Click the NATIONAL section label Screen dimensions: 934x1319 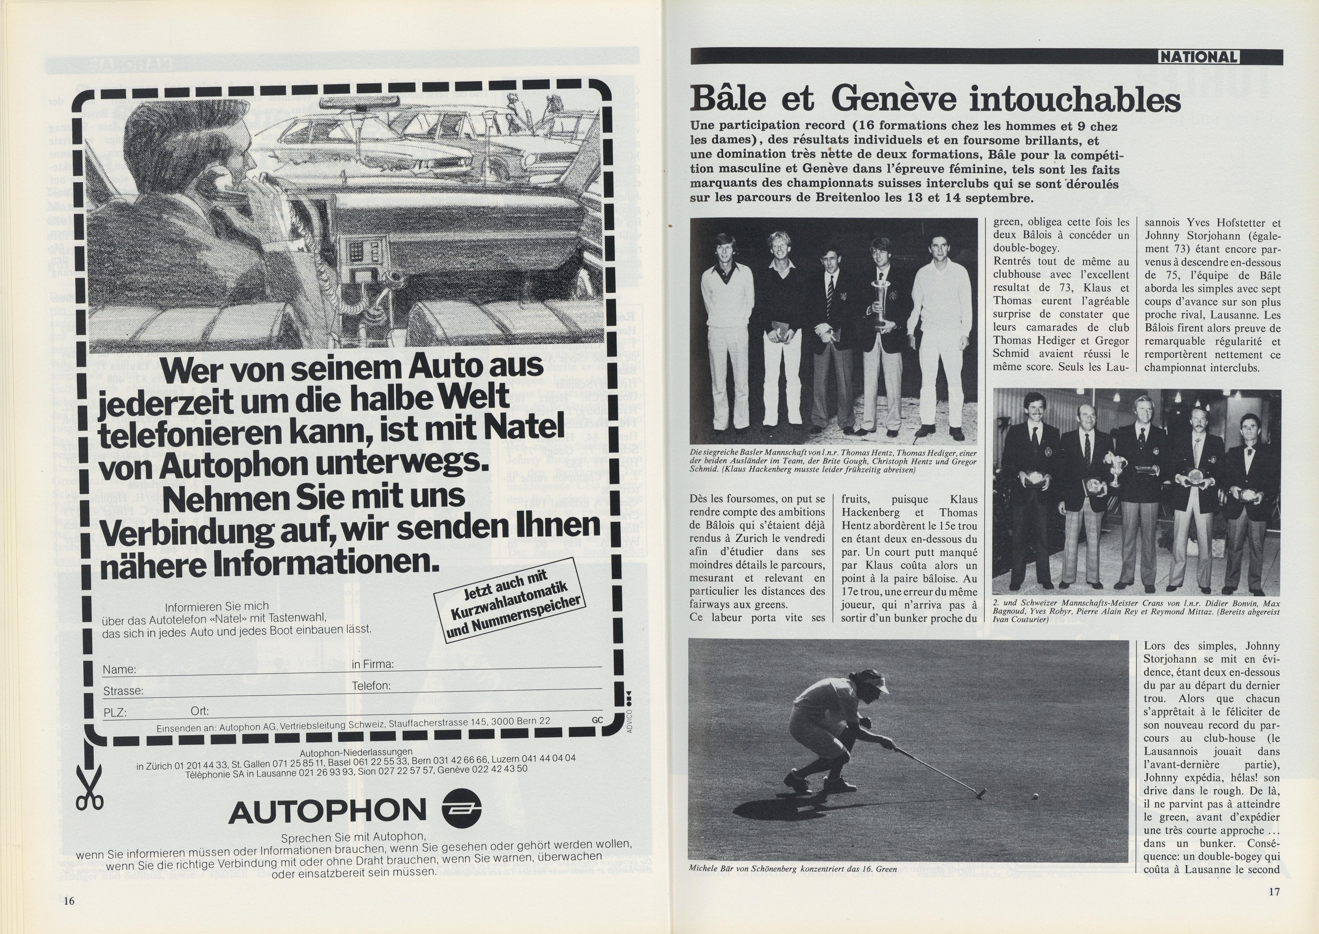pyautogui.click(x=1199, y=57)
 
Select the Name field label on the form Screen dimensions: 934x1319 pyautogui.click(x=119, y=669)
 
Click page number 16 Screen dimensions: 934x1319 pyautogui.click(x=69, y=901)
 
